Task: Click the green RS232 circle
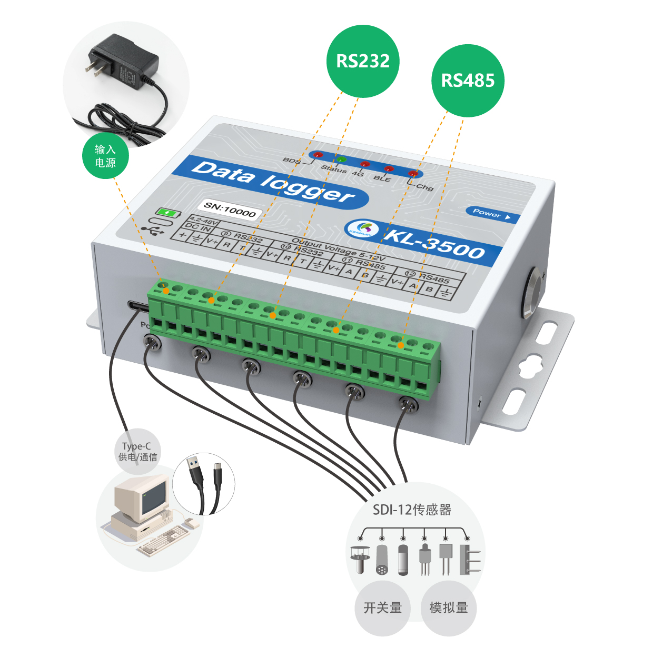(x=363, y=61)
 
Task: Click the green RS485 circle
(x=468, y=81)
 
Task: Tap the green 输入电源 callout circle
(x=105, y=156)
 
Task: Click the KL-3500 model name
(x=434, y=243)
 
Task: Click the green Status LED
(x=341, y=159)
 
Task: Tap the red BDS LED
(x=318, y=155)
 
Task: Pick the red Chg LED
(x=413, y=173)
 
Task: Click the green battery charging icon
(x=167, y=213)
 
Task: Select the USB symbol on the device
(x=152, y=230)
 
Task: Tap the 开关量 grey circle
(x=382, y=608)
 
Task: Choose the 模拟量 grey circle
(x=449, y=608)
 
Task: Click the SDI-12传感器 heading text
(x=412, y=510)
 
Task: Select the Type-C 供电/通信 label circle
(x=137, y=452)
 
